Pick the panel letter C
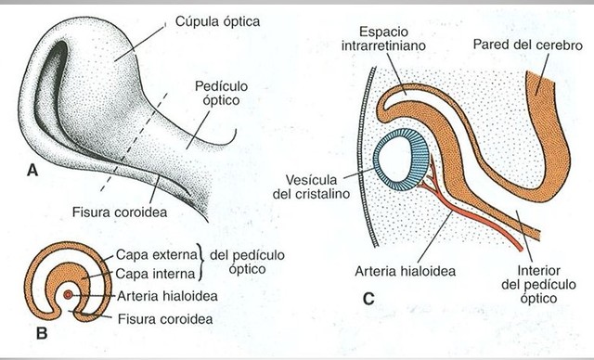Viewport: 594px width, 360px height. (x=369, y=298)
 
